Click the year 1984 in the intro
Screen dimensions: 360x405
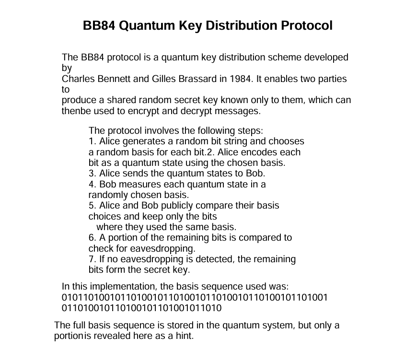pyautogui.click(x=238, y=79)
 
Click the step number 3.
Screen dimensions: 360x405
pyautogui.click(x=92, y=174)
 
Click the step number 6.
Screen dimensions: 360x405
pyautogui.click(x=92, y=238)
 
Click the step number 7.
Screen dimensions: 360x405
pyautogui.click(x=92, y=259)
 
